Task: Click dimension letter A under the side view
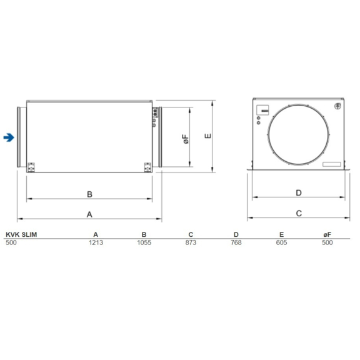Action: pos(89,214)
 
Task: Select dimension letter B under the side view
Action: pos(89,194)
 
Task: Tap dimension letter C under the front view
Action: pos(299,214)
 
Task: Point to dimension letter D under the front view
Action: pos(299,193)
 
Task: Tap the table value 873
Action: pos(190,242)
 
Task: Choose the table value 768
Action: pos(236,242)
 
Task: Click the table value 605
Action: pos(281,242)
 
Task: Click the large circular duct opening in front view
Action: pos(297,135)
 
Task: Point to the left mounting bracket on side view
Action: pos(32,166)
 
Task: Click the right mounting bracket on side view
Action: pos(147,166)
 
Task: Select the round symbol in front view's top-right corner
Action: pos(337,107)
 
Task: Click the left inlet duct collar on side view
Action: pos(22,137)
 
